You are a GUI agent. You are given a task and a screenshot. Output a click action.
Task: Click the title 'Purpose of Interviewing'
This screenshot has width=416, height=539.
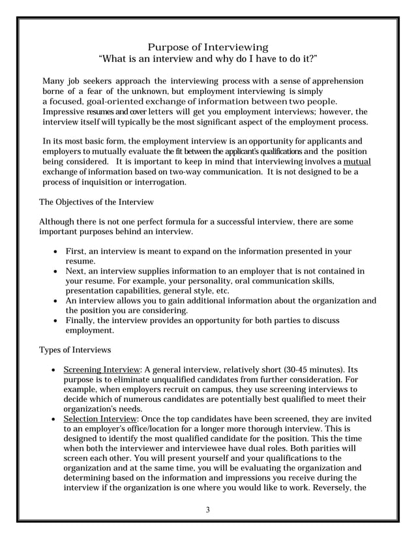pos(207,47)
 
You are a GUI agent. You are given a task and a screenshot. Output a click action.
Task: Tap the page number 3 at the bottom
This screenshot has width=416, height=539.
pos(207,510)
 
